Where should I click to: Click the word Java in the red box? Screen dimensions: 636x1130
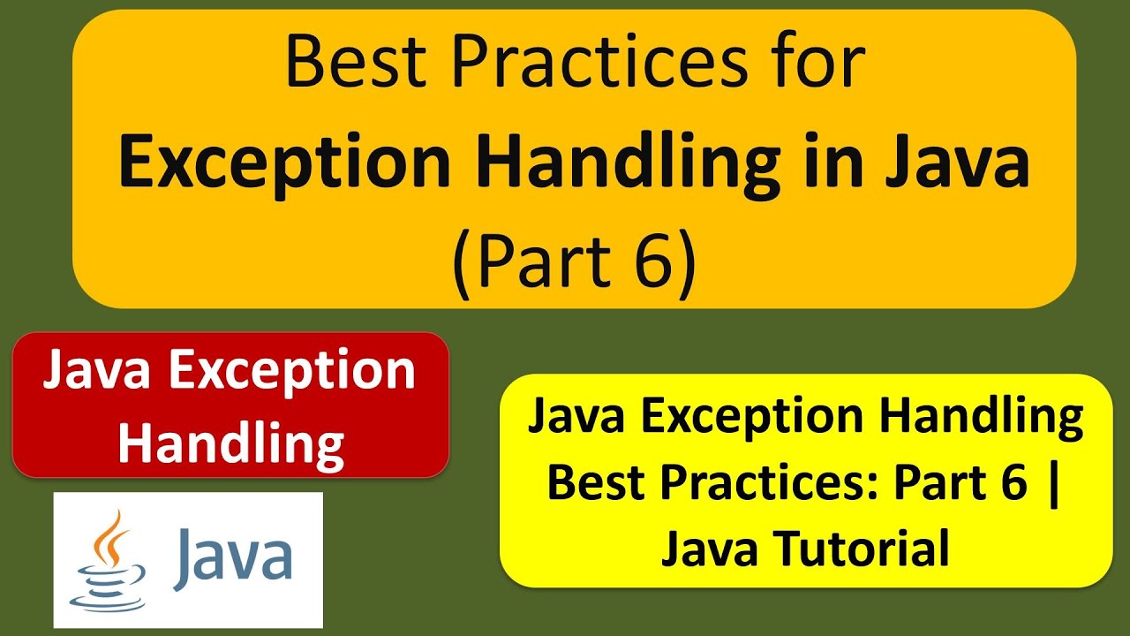(x=98, y=371)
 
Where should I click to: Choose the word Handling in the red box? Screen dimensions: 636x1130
(x=230, y=442)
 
